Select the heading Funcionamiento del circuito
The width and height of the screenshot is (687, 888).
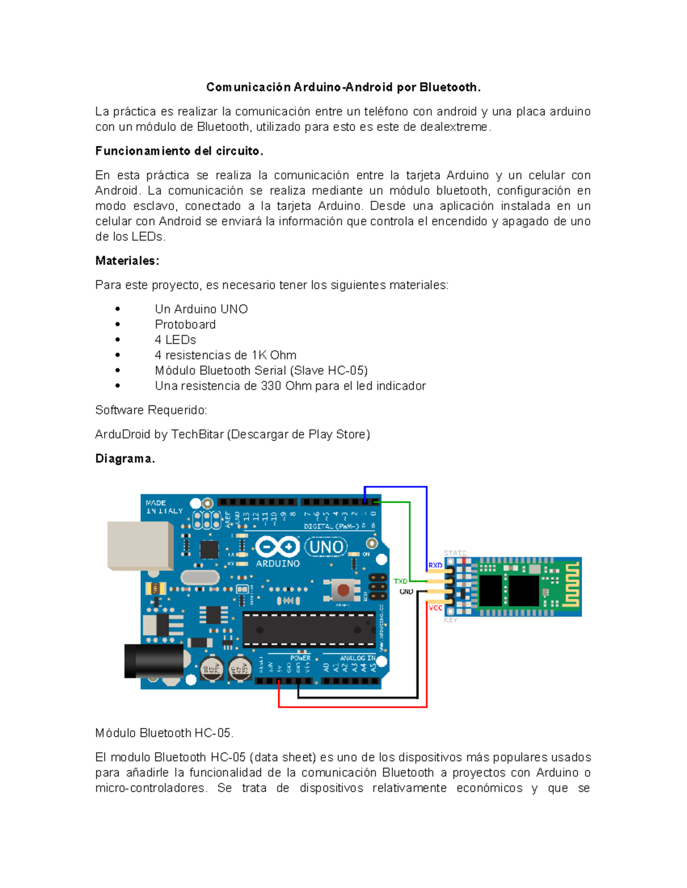tap(179, 151)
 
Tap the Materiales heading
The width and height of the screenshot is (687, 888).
tap(127, 261)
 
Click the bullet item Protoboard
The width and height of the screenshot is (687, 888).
tap(185, 324)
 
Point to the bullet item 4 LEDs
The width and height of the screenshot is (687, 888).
tap(175, 340)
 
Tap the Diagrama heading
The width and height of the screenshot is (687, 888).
tap(125, 459)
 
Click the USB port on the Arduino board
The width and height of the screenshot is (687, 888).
tap(140, 545)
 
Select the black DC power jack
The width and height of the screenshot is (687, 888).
tap(153, 661)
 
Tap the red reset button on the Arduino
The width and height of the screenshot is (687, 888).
tap(343, 590)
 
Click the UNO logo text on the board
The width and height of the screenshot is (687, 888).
tap(326, 547)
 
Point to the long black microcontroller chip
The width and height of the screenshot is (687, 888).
tap(309, 630)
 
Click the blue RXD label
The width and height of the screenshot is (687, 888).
tap(435, 565)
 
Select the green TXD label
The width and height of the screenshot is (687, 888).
tap(401, 581)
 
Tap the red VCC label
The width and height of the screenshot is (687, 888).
tap(435, 608)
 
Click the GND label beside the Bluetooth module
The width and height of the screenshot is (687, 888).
tap(406, 592)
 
